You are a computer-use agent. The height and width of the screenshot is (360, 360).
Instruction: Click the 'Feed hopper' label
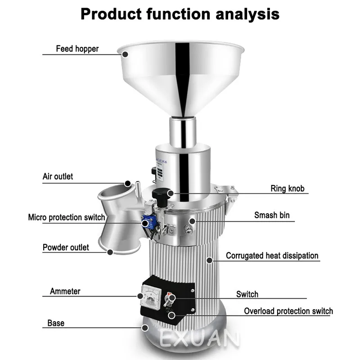tap(77, 49)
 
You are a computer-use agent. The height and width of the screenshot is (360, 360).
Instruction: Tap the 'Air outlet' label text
tap(58, 176)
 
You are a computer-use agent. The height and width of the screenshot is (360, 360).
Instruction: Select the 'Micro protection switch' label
tap(67, 217)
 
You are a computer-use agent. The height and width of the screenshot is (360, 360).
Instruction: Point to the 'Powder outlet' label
tap(66, 247)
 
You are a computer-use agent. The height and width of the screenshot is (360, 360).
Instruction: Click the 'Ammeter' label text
tap(65, 291)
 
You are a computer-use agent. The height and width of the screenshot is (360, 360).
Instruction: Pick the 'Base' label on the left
tap(56, 323)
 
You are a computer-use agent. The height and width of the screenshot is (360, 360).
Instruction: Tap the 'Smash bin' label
tap(272, 216)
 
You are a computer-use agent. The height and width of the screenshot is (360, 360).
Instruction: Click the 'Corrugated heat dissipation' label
tap(272, 256)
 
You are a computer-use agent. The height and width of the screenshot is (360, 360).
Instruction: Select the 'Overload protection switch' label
tap(288, 311)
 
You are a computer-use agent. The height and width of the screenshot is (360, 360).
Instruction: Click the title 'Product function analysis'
tap(180, 14)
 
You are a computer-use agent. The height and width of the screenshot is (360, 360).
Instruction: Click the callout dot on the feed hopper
tap(125, 54)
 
